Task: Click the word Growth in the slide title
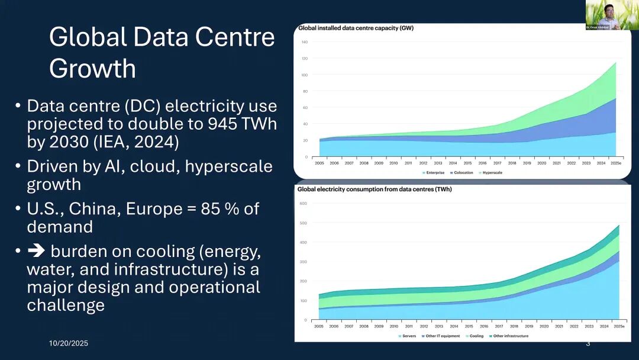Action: click(x=92, y=68)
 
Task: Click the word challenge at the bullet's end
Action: click(x=66, y=305)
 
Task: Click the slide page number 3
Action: click(x=588, y=343)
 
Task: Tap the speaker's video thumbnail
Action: click(x=612, y=15)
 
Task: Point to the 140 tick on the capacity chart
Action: click(x=304, y=42)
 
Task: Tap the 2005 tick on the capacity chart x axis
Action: click(x=319, y=162)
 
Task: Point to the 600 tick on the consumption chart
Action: click(x=304, y=204)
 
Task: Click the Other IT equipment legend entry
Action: click(x=441, y=336)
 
